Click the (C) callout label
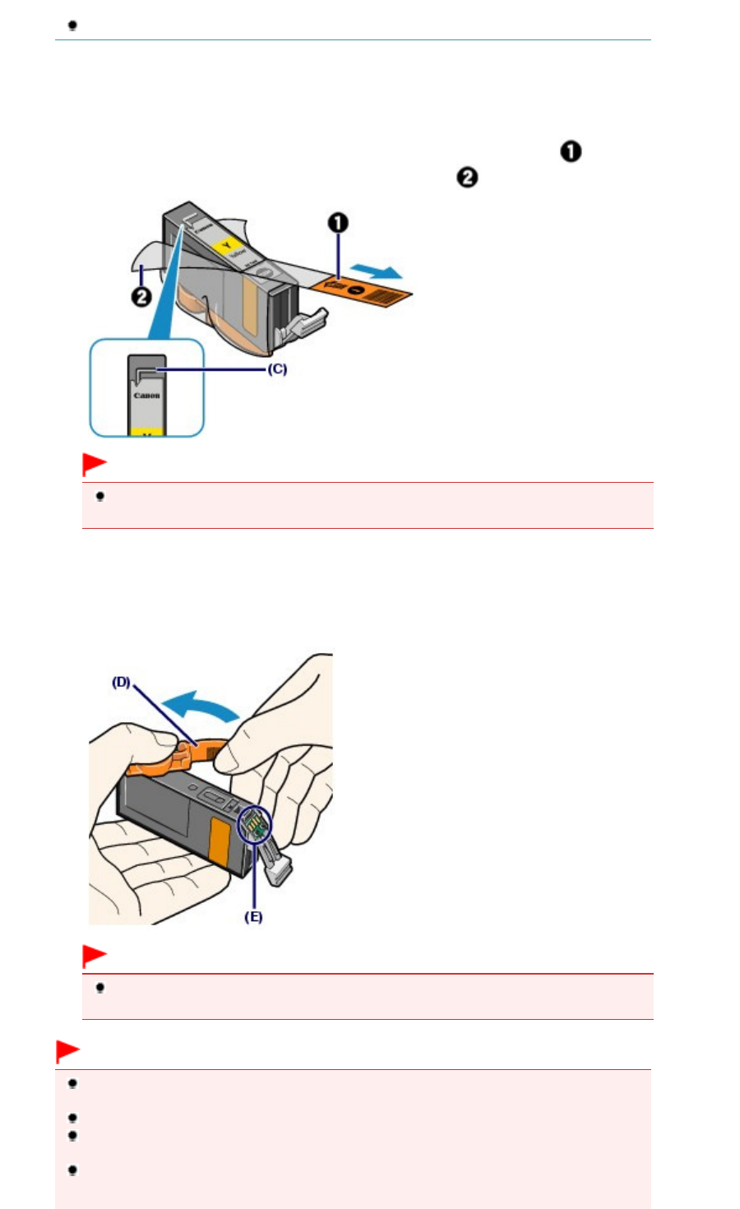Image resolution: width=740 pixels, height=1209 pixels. (x=277, y=369)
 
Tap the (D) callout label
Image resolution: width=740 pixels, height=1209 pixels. (x=122, y=682)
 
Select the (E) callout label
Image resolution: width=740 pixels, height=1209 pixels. (x=253, y=916)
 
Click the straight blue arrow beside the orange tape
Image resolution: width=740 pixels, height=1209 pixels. (x=376, y=271)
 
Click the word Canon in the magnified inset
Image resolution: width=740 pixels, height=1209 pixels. (x=147, y=396)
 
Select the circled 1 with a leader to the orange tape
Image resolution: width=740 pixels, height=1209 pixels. (x=338, y=223)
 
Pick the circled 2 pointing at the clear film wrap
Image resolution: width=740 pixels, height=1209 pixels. (x=141, y=297)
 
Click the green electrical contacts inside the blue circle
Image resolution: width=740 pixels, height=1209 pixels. (x=256, y=823)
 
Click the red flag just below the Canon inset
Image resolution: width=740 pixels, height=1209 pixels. (x=94, y=465)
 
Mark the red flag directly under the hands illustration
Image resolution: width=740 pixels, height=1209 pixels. (x=94, y=956)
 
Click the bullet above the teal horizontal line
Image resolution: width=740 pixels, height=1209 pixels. (x=72, y=25)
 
